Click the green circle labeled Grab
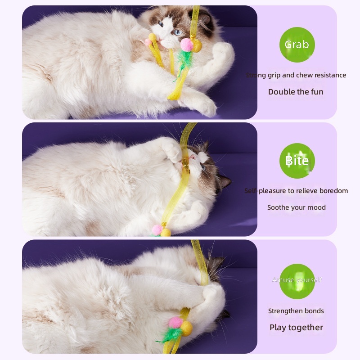297,45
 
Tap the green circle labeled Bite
297,161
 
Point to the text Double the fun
296,92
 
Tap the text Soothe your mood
296,207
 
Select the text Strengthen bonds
296,311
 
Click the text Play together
296,328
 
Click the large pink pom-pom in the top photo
186,44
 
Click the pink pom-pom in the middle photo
157,230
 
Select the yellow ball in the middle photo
166,232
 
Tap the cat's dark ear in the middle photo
224,182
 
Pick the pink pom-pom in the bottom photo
175,322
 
